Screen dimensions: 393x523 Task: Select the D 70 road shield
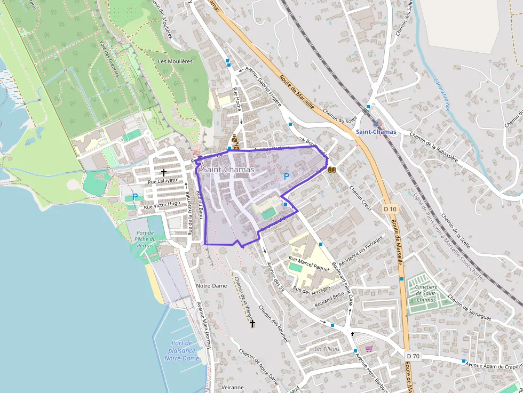coord(412,356)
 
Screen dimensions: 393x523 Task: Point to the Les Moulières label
coord(175,61)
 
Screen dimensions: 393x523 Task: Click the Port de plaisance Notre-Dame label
coord(182,350)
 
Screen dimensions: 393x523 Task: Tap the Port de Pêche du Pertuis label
coord(145,239)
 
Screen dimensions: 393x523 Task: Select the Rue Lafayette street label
coord(163,182)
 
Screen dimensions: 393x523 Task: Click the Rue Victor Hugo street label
coord(162,205)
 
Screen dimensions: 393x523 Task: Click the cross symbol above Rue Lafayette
coord(163,172)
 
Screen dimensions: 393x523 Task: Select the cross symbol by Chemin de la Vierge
coord(252,324)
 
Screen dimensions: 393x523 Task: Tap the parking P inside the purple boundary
coord(286,176)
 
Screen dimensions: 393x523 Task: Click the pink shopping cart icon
coord(369,348)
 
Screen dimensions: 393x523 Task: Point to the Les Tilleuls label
coord(327,349)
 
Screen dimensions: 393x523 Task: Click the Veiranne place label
coord(232,387)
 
